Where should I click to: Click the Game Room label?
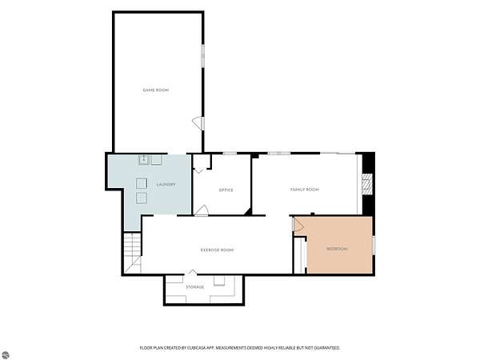[156, 90]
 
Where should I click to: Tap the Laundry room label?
[166, 184]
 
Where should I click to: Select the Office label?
[226, 190]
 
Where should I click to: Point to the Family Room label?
[304, 190]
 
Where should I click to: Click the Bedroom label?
[337, 249]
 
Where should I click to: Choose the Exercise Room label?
[217, 250]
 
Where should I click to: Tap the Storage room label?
[195, 287]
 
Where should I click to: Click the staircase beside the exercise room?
[133, 253]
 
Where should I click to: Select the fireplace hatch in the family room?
[367, 184]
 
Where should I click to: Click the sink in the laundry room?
[143, 159]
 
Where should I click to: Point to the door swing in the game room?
[198, 123]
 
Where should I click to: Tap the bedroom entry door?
[298, 224]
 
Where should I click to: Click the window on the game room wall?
[202, 55]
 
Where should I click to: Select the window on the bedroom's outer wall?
[374, 246]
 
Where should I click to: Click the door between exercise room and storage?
[192, 272]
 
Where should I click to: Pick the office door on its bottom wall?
[202, 210]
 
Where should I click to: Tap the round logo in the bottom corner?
[6, 354]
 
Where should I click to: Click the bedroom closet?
[300, 255]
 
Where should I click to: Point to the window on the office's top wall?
[230, 153]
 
